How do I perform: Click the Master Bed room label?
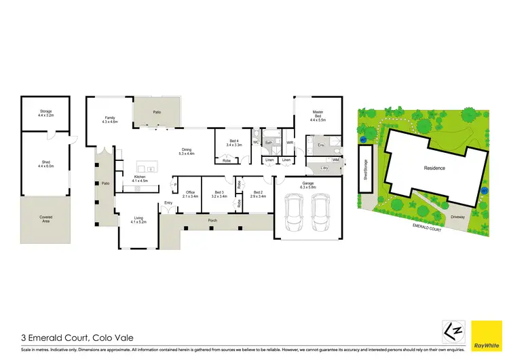317,115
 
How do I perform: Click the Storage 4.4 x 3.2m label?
45,113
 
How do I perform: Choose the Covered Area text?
45,219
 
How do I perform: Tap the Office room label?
190,194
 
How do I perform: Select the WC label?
257,143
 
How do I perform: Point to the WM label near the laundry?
335,160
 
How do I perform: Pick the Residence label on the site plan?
434,168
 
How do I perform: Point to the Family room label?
110,120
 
